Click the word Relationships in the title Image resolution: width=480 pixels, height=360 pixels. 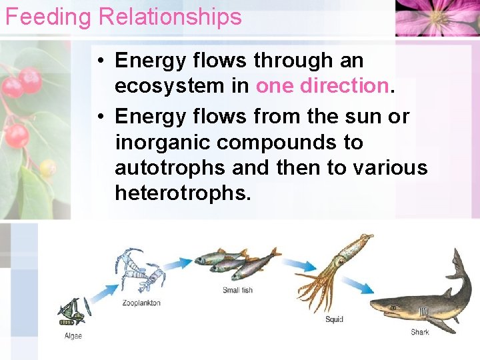point(170,17)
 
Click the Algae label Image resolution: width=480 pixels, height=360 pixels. point(73,336)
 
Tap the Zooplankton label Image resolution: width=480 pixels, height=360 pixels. point(141,303)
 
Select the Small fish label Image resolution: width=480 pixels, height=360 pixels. point(237,291)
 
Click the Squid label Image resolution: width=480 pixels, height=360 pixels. point(334,319)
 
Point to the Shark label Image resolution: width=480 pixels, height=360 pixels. point(420,332)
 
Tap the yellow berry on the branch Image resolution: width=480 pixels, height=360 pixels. point(47,168)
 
